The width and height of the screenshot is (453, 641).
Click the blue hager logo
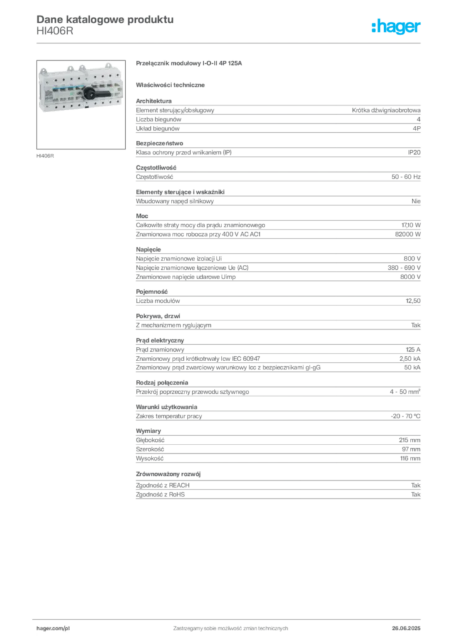coord(397,27)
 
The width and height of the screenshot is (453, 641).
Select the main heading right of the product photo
coord(188,64)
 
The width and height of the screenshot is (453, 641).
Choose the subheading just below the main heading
coord(172,85)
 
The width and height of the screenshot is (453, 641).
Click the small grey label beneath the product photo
coord(45,155)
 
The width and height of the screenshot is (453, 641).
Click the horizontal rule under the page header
coord(230,43)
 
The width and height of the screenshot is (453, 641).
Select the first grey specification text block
coord(278,116)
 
